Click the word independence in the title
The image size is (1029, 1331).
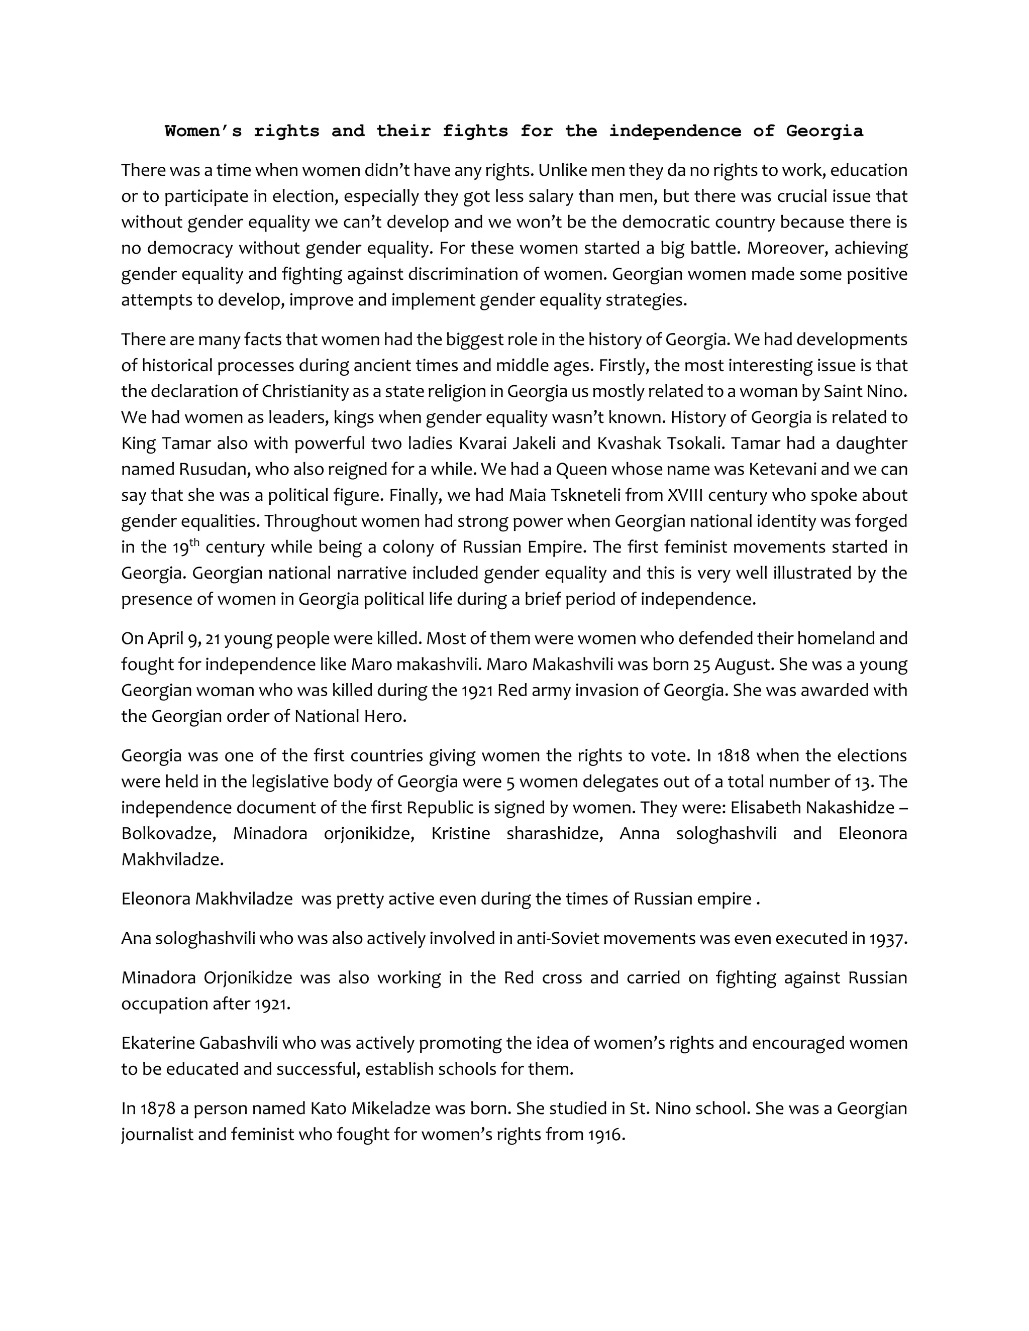(x=674, y=131)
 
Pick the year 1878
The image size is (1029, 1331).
(x=156, y=1108)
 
